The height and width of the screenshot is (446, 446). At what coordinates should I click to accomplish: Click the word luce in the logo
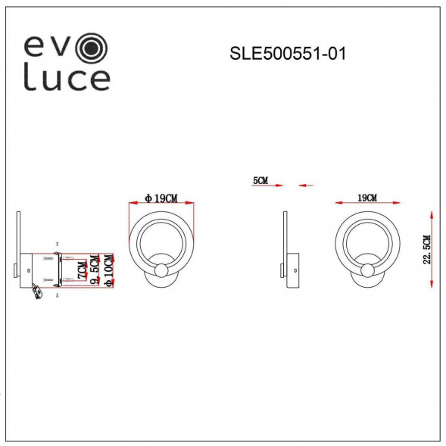coord(67,77)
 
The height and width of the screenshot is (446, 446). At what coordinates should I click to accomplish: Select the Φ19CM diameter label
coord(161,198)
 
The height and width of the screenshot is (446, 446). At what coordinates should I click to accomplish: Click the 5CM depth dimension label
coord(260,181)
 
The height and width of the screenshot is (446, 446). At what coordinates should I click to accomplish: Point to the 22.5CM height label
coord(427,249)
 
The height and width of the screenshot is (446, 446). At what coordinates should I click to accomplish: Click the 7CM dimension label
coord(82,269)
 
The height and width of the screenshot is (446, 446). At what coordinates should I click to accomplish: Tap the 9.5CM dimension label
coord(95,270)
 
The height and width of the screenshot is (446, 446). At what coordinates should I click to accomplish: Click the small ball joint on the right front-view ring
coord(367,271)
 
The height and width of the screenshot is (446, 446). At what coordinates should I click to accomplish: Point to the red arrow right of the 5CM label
coord(306,184)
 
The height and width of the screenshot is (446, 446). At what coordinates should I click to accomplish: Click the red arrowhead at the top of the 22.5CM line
coord(431,215)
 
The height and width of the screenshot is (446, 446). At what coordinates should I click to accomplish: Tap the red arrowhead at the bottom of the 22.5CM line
coord(431,282)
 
